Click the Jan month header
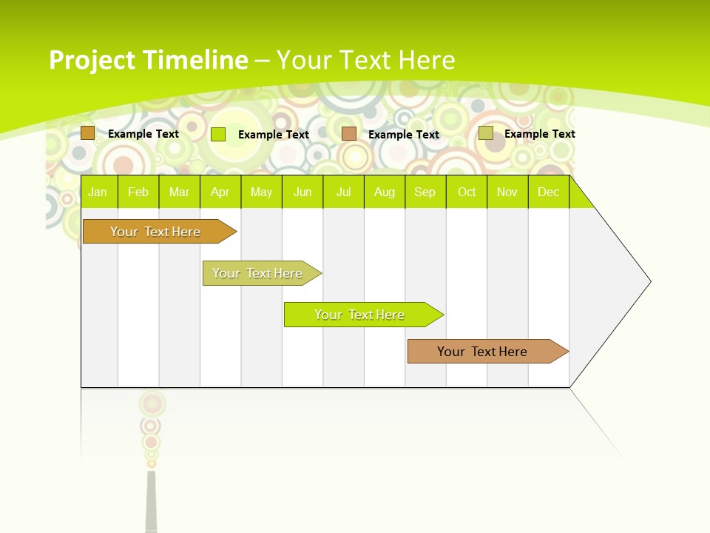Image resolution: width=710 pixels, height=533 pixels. tap(98, 192)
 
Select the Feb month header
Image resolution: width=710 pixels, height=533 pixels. tap(138, 192)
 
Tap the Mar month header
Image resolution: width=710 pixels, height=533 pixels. tap(179, 192)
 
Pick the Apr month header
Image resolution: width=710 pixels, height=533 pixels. tap(220, 192)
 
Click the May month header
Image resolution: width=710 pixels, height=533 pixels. tap(261, 192)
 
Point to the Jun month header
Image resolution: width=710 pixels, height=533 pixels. tap(302, 192)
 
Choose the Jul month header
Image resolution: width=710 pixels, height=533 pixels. tap(343, 192)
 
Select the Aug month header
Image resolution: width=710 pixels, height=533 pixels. tap(385, 192)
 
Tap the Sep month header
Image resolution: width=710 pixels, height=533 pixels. tap(425, 192)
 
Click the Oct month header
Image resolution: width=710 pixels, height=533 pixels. tap(467, 192)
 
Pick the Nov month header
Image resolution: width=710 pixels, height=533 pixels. tap(507, 192)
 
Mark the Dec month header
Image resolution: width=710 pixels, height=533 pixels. tap(549, 192)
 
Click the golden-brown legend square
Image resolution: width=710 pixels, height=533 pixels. tap(88, 133)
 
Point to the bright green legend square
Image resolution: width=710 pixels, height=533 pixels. tap(218, 134)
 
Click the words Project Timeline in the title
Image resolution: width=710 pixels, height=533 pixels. tap(149, 60)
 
